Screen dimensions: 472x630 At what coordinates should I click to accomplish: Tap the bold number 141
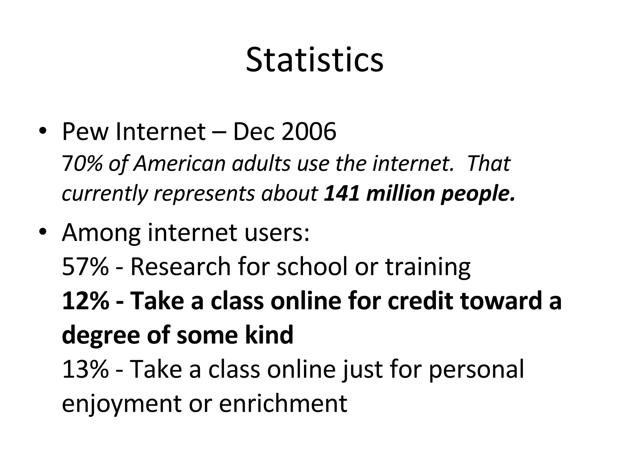pyautogui.click(x=341, y=194)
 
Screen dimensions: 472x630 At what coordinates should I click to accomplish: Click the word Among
pyautogui.click(x=101, y=233)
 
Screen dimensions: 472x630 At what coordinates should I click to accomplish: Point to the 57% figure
pyautogui.click(x=85, y=266)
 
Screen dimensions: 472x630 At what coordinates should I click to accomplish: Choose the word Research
pyautogui.click(x=181, y=266)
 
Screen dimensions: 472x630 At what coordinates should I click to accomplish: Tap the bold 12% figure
pyautogui.click(x=86, y=301)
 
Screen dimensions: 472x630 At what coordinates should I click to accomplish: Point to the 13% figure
pyautogui.click(x=85, y=369)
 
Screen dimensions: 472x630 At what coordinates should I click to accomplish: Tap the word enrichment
pyautogui.click(x=283, y=403)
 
